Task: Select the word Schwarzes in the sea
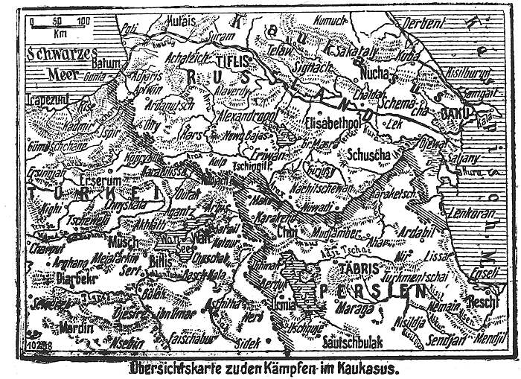coord(55,54)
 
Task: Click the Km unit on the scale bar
coord(59,33)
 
